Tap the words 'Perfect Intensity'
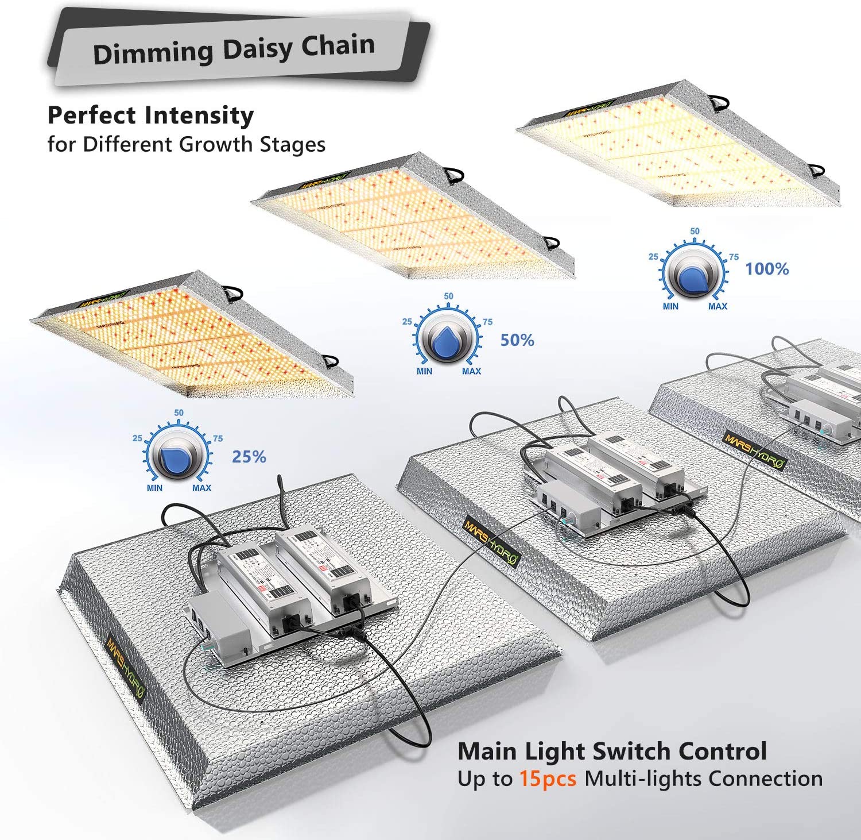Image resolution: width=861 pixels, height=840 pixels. pos(150,115)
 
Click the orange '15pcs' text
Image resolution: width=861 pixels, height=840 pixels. pos(548,779)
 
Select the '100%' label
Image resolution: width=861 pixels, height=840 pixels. pos(767,269)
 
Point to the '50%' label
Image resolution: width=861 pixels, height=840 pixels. pos(517,340)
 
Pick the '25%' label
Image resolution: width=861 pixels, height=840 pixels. pos(249,457)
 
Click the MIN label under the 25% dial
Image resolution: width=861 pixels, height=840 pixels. pos(154,488)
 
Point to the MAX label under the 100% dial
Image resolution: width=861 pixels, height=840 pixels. pos(717,306)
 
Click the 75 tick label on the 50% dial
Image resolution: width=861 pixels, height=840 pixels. pos(487,322)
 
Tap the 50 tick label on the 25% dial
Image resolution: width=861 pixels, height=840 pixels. pos(179,413)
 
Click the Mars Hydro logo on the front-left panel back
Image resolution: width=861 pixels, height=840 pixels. pos(126,666)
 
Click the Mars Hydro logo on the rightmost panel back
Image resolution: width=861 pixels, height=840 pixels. pos(754,450)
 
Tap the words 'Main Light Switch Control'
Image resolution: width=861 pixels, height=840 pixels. pos(612,752)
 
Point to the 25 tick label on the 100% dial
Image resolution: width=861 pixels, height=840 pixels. pos(653,257)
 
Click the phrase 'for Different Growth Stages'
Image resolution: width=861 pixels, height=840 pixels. pos(186,144)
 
